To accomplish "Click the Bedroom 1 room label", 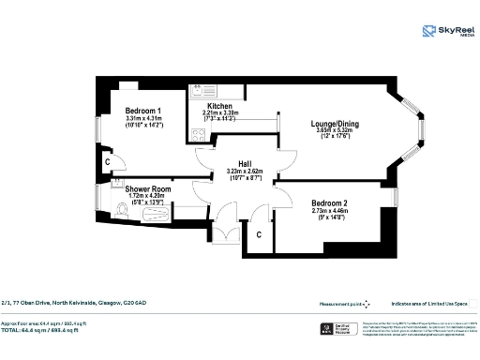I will click(x=144, y=111).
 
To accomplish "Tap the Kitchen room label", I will click(x=220, y=106).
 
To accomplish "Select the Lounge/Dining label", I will click(x=335, y=124).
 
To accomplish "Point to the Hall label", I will click(x=245, y=162).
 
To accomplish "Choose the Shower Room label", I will click(x=145, y=188).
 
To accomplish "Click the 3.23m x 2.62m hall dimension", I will click(x=245, y=171).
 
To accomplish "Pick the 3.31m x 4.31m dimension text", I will click(x=144, y=119).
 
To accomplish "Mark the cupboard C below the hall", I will click(x=259, y=235).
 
